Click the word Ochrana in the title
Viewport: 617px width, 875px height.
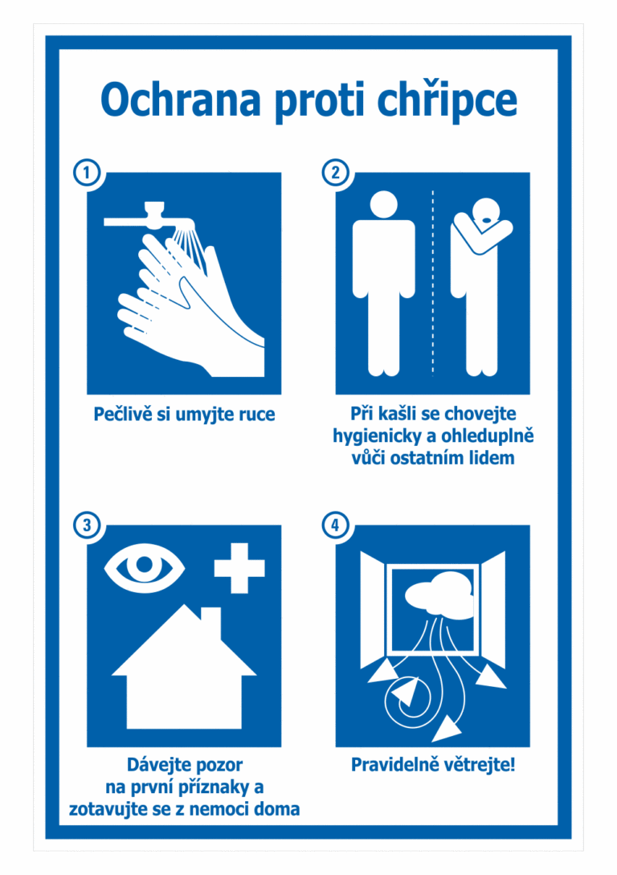coord(181,100)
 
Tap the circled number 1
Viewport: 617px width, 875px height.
coord(87,173)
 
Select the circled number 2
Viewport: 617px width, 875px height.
coord(335,173)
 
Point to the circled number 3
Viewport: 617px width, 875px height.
coord(87,525)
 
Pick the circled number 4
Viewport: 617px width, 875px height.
coord(335,525)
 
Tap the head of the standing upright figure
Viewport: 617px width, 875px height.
coord(384,203)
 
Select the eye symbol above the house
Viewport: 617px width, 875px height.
coord(145,567)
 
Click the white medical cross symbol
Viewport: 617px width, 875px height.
coord(240,567)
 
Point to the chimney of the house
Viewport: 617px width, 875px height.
coord(210,620)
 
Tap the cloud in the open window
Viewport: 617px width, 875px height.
coord(439,596)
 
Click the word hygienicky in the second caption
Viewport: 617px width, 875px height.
coord(378,436)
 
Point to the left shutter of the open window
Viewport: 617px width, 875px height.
coord(372,610)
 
